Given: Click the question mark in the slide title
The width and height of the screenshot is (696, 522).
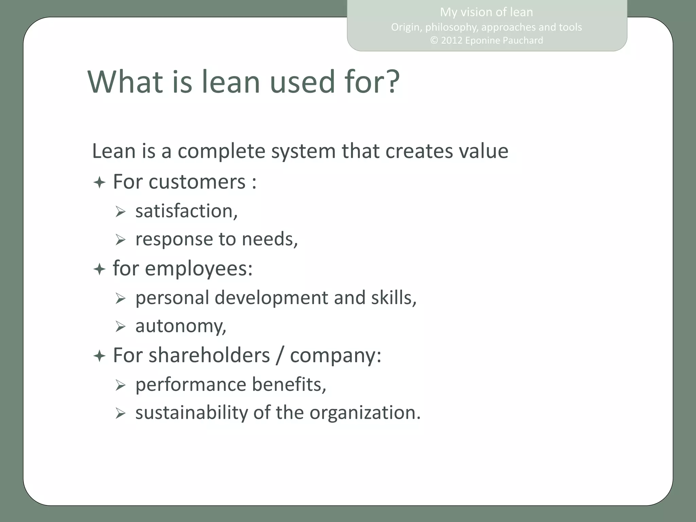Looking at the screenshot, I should click(389, 82).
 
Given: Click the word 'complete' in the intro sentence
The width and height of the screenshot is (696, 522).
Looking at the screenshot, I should click(221, 151).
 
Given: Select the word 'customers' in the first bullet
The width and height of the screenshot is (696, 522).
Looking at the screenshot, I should click(197, 182).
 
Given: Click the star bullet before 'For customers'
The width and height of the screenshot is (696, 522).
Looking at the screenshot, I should click(99, 183).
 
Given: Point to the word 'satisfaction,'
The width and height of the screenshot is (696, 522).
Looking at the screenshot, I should click(186, 211).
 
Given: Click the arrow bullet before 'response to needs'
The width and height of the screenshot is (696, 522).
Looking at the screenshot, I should click(120, 240).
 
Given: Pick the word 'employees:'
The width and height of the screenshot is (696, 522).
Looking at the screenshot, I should click(199, 269).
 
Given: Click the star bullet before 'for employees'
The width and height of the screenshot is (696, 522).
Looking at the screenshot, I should click(99, 270).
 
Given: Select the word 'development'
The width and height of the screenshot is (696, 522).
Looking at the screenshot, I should click(271, 298).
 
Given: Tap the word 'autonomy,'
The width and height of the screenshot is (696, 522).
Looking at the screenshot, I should click(180, 326).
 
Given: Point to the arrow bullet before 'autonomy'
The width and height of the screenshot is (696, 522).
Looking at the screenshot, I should click(120, 327).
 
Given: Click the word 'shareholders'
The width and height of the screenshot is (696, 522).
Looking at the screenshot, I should click(209, 355).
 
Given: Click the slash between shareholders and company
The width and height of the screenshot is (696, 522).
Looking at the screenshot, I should click(280, 355).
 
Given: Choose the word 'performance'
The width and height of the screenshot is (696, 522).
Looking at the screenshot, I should click(191, 385).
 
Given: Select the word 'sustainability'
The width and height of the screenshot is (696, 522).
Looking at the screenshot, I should click(192, 413).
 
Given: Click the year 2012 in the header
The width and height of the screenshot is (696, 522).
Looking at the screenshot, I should click(452, 40).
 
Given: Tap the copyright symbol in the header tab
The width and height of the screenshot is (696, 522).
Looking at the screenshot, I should click(434, 40).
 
